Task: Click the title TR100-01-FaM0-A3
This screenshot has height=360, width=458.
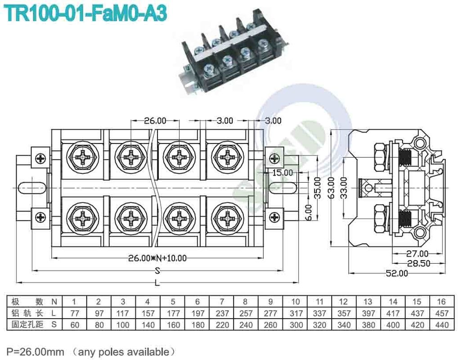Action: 85,13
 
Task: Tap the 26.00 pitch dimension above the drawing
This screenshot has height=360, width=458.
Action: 155,121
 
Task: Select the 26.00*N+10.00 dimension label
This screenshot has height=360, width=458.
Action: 157,258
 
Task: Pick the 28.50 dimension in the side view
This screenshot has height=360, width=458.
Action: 418,263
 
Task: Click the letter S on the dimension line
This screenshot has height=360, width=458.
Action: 157,270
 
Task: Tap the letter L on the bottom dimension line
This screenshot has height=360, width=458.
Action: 157,283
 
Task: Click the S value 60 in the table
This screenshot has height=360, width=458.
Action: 74,324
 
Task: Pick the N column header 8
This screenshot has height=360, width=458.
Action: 245,301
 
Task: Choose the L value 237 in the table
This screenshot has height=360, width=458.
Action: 221,313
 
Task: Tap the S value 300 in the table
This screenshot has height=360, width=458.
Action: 295,324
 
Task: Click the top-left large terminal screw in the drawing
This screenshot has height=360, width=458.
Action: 83,157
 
